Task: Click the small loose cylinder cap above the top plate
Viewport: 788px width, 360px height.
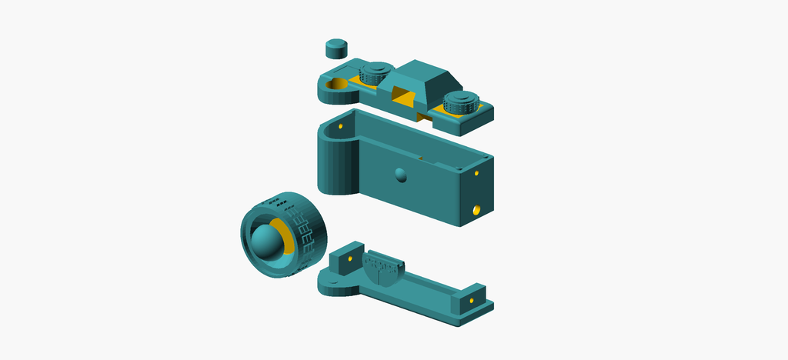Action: (336, 48)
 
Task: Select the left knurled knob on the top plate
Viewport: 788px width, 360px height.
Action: (376, 75)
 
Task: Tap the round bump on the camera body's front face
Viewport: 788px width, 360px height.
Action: (399, 175)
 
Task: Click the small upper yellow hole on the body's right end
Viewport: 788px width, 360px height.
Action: (476, 173)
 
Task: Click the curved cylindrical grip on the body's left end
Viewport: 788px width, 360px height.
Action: (333, 165)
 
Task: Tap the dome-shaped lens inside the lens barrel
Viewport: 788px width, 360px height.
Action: (265, 241)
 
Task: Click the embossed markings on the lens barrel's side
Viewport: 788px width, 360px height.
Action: (306, 235)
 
